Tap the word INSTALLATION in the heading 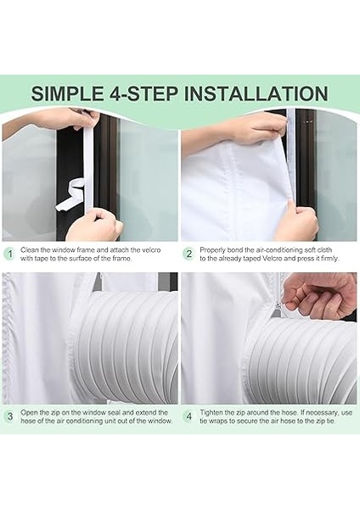[256, 93]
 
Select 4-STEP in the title [143, 93]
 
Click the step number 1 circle [10, 254]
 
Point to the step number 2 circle [189, 254]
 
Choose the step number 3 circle [10, 417]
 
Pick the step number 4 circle [189, 417]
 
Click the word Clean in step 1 [28, 250]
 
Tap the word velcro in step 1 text [151, 250]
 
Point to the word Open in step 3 [28, 412]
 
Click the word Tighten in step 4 [211, 412]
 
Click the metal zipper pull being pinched [279, 305]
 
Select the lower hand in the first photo [100, 224]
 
